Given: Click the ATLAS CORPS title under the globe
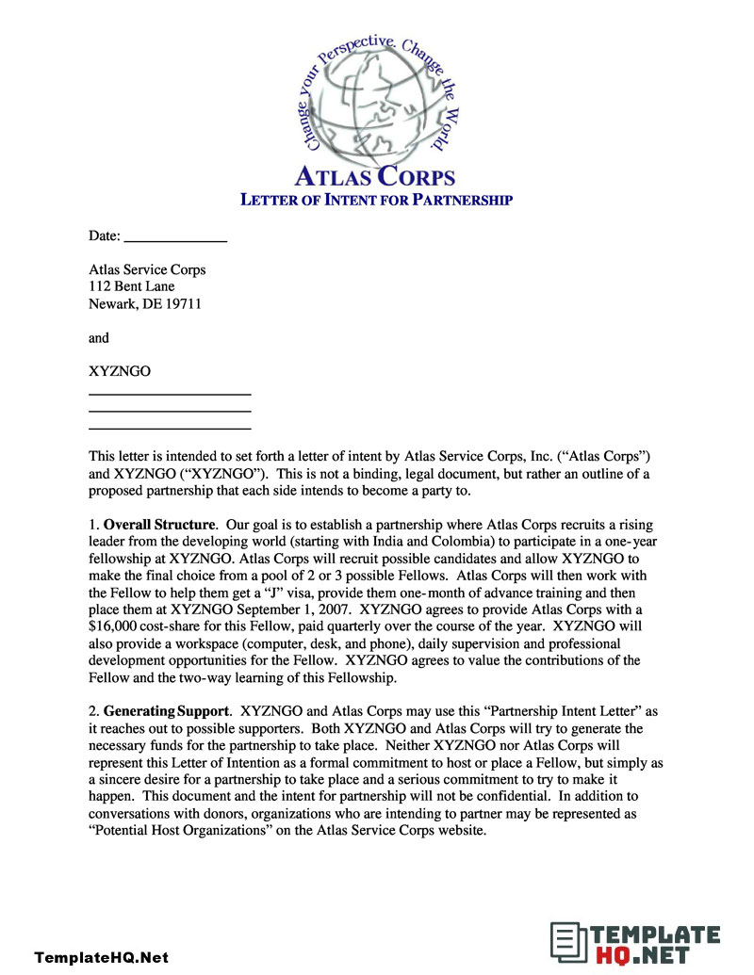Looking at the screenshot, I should (x=375, y=176).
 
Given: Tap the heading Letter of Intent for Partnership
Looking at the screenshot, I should (x=376, y=200).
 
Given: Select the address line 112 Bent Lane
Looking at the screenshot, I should (x=132, y=286).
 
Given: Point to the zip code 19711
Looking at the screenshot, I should (x=183, y=303).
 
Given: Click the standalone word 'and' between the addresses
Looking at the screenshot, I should (x=99, y=337).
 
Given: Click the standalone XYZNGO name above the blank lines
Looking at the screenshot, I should (x=120, y=371).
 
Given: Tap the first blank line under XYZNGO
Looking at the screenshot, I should (x=170, y=393).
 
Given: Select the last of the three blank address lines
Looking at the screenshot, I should (x=170, y=428).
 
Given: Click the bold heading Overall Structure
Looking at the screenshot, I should (x=160, y=524).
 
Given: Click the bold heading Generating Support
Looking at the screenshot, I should (x=166, y=710).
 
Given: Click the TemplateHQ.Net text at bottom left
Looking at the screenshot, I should (x=102, y=957).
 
